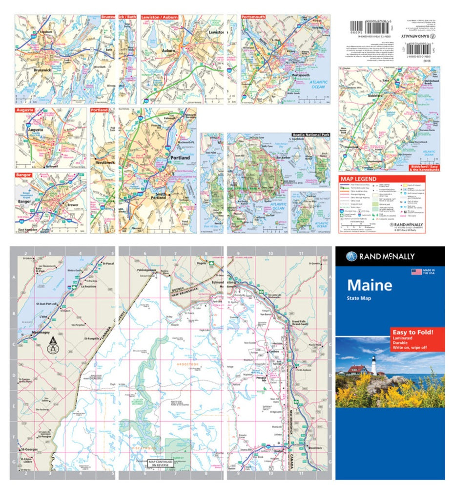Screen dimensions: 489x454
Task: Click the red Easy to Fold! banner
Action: (x=411, y=332)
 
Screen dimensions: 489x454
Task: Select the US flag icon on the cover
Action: (x=416, y=272)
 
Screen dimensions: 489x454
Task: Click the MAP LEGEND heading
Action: (x=358, y=179)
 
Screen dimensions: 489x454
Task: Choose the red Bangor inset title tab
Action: (x=23, y=175)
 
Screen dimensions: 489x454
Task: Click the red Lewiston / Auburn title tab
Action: (x=159, y=17)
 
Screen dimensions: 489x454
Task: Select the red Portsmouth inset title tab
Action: (x=253, y=17)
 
